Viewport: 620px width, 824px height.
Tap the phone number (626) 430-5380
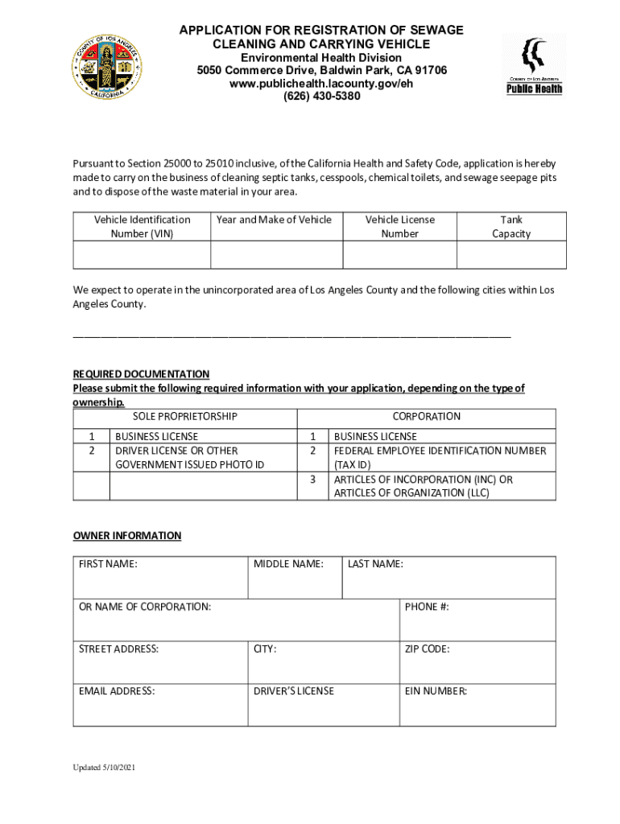coord(321,97)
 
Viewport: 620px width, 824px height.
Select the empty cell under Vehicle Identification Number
coord(142,254)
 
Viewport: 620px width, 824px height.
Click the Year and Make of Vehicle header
coord(273,220)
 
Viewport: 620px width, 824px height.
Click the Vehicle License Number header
coord(399,226)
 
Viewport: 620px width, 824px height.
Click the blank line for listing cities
coord(291,335)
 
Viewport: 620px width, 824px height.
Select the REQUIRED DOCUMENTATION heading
coord(141,374)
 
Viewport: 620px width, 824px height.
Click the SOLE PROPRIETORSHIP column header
coord(184,417)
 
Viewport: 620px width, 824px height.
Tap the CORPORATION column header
coord(426,417)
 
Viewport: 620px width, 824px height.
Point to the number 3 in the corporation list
coord(312,480)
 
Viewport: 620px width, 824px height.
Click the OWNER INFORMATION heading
coord(127,536)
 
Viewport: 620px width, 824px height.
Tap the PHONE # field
coord(477,620)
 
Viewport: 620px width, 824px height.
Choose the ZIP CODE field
coord(477,663)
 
